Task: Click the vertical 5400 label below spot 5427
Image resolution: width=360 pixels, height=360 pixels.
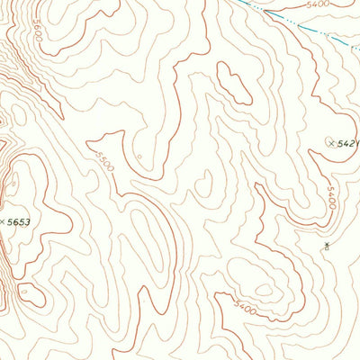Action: [x=331, y=197]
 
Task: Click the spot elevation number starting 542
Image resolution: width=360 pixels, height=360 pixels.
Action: [x=347, y=143]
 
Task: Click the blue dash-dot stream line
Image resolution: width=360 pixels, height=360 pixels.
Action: [x=297, y=22]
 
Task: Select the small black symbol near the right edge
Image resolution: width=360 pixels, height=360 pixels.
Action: [x=325, y=244]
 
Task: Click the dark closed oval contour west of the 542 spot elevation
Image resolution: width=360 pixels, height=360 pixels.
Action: [x=234, y=86]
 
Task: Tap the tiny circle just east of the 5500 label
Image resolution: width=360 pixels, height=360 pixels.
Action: [x=141, y=159]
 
